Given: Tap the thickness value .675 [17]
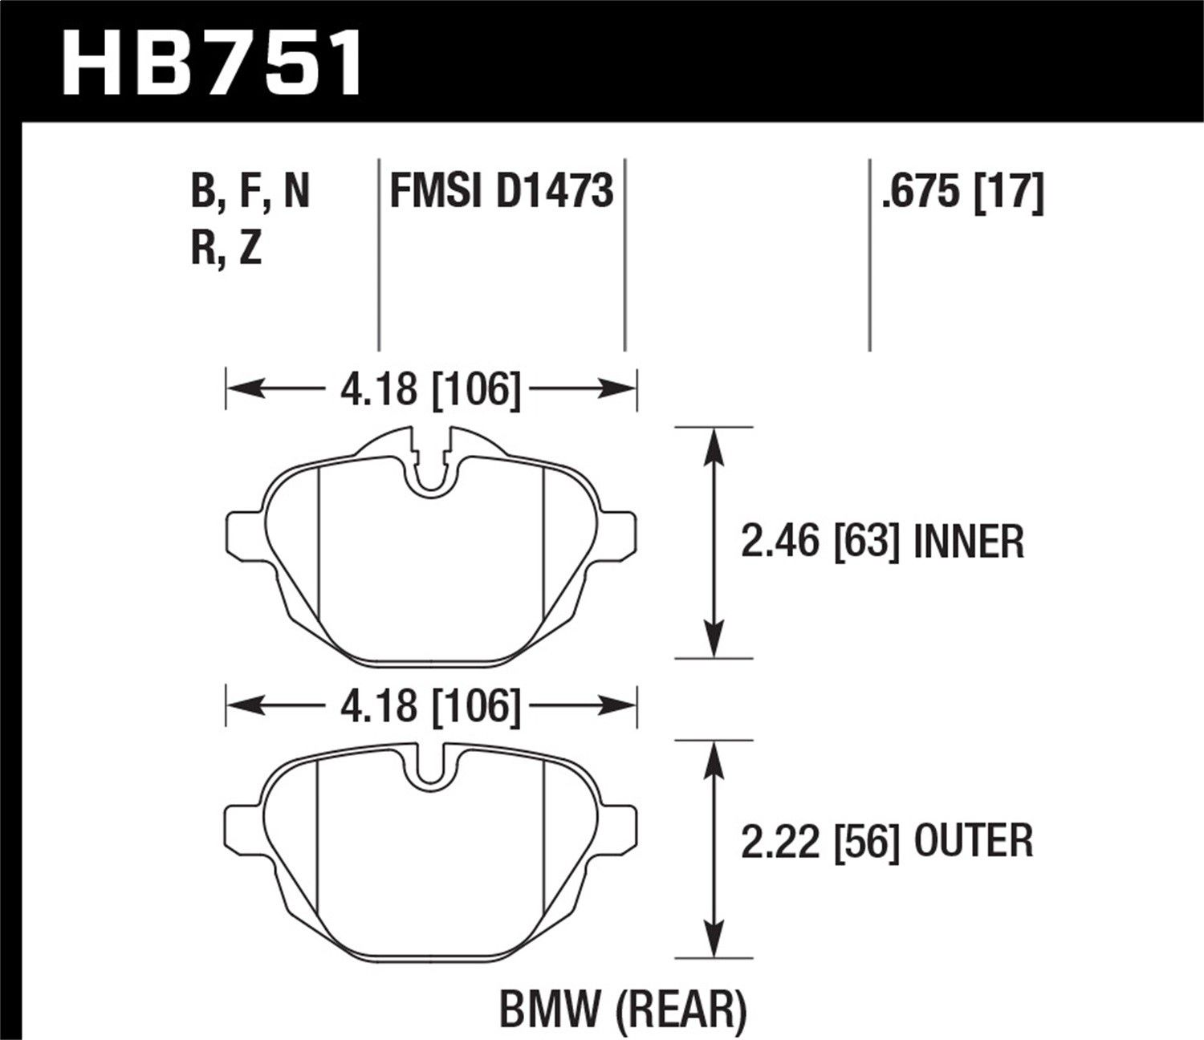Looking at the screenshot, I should (x=962, y=193).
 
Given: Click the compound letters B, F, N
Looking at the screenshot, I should (x=250, y=193).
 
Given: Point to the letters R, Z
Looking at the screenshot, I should (x=227, y=250).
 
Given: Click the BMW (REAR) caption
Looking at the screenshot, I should (x=623, y=1009).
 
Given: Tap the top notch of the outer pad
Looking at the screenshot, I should (x=431, y=766).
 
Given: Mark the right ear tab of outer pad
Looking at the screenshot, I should (x=618, y=831).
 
